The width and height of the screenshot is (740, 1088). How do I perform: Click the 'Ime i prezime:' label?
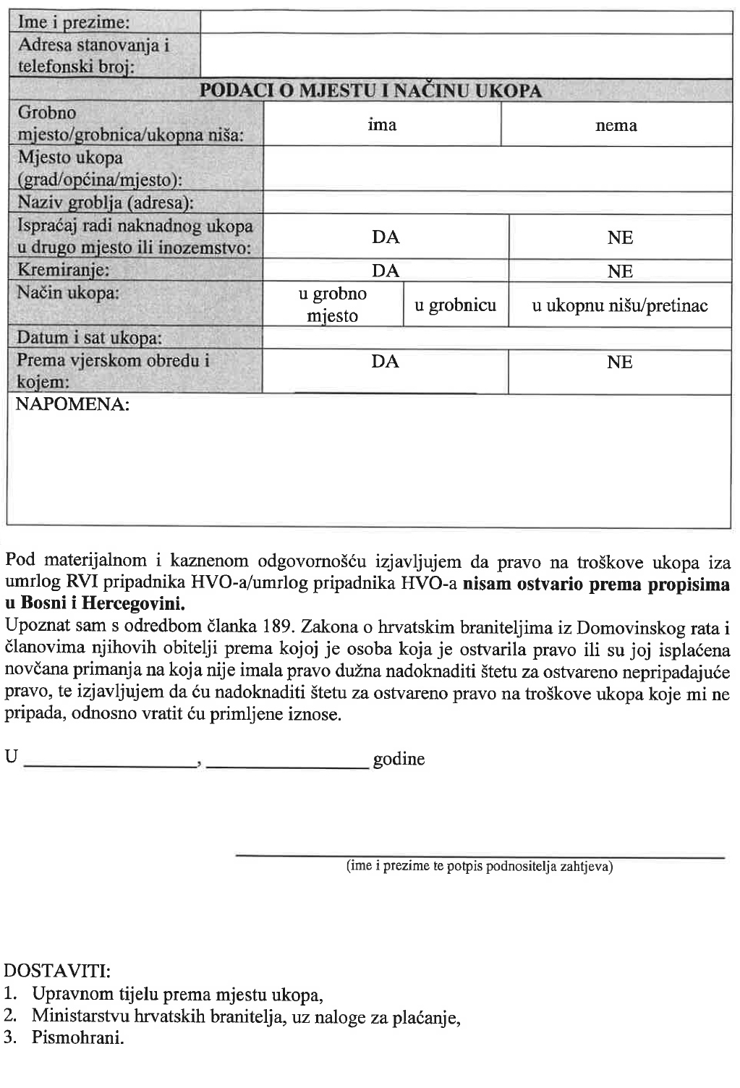point(74,23)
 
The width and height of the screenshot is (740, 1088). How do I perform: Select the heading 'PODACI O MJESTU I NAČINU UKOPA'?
point(370,90)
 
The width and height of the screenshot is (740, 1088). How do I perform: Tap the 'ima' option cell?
point(382,125)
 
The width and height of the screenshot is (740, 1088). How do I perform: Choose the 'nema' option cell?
point(616,126)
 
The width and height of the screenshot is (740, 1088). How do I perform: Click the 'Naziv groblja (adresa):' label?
point(106,203)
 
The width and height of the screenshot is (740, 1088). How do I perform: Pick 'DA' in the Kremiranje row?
point(385,271)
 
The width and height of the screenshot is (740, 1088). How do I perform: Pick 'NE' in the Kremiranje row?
point(620,271)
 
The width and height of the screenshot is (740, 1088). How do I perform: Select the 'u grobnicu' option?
point(455,305)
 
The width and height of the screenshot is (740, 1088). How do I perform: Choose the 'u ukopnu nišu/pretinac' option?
point(620,305)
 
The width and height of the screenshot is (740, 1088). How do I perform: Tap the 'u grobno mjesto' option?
point(333,305)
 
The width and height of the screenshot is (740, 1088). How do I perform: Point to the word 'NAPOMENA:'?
point(72,404)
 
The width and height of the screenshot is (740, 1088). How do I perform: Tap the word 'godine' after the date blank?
point(399,760)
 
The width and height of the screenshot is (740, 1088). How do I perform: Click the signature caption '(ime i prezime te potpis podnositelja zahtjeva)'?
point(480,866)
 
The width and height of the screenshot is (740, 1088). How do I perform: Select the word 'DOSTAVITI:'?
point(57,969)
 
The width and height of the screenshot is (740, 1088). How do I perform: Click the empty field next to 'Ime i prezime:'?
point(466,22)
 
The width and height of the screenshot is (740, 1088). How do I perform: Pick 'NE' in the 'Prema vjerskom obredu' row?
point(620,362)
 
